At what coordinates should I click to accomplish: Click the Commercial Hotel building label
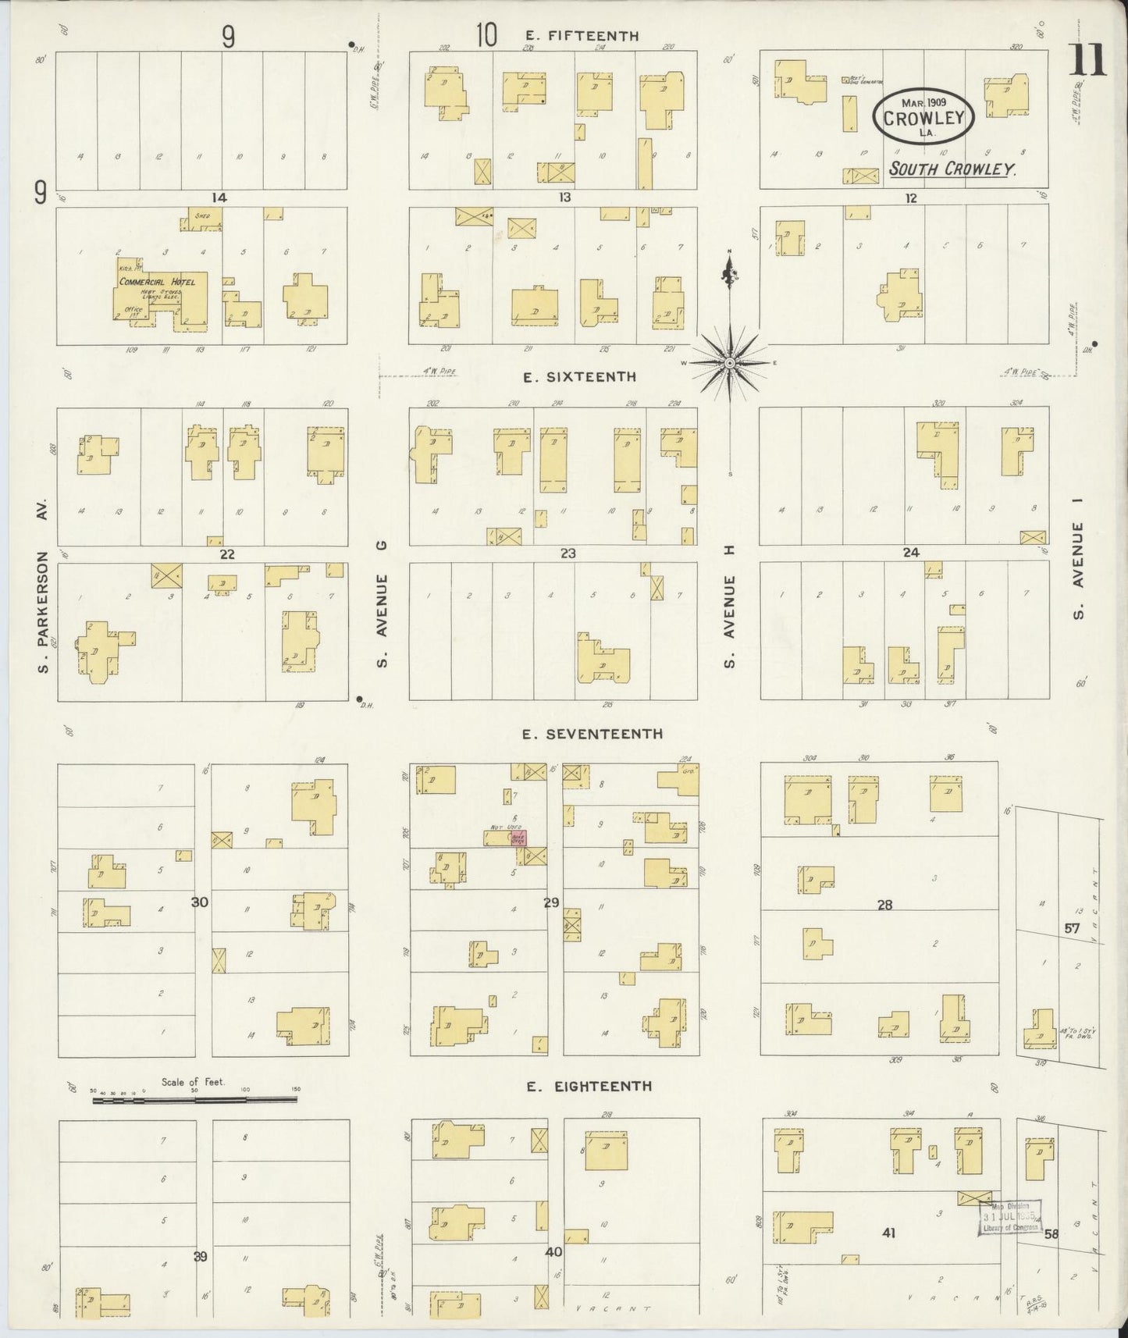point(157,282)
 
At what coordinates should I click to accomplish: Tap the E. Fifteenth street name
point(582,36)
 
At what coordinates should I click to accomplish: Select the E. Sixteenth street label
point(579,377)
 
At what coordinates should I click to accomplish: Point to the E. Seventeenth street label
point(593,734)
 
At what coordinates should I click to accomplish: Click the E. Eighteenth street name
point(589,1086)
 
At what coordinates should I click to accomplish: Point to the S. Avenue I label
point(1079,571)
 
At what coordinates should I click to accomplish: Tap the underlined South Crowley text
point(952,169)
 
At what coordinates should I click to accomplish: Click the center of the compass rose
point(729,363)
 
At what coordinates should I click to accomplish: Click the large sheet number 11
point(1088,60)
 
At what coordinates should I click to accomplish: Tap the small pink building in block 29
point(518,838)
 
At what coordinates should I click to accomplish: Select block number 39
point(201,1256)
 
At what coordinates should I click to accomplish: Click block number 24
point(910,553)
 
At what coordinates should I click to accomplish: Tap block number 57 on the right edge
point(1071,929)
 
